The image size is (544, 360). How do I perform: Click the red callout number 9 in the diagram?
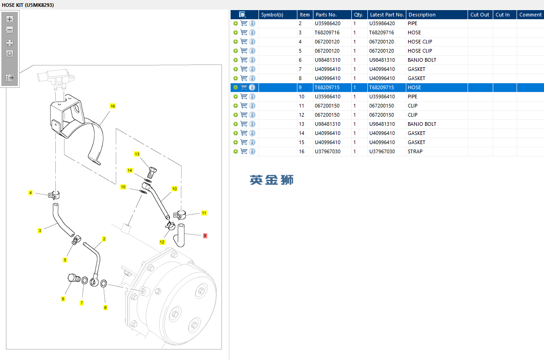pos(205,236)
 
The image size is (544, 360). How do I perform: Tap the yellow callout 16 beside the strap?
pos(113,106)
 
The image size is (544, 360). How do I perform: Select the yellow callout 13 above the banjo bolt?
pos(137,154)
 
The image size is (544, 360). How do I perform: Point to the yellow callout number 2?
pos(104,239)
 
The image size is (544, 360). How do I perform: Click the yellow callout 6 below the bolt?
pos(63,299)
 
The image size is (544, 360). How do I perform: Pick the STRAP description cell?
pos(415,151)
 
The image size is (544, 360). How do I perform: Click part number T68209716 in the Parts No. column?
pos(328,32)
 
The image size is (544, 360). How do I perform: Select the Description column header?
pos(422,15)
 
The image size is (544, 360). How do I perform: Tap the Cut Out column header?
pos(480,15)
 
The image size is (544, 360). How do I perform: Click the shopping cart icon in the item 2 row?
pos(244,23)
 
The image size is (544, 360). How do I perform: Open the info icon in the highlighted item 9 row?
pos(252,87)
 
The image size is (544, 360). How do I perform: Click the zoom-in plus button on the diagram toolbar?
pos(10,19)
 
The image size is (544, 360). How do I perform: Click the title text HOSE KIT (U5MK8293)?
pos(28,5)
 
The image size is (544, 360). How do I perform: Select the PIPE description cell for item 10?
pos(413,97)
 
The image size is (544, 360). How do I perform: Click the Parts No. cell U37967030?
pos(328,151)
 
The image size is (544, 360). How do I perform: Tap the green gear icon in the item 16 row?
pos(236,151)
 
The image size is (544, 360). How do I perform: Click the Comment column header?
pos(530,15)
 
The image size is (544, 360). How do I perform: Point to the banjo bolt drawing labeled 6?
pos(74,278)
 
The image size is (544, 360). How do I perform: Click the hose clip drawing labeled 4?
pos(54,195)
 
